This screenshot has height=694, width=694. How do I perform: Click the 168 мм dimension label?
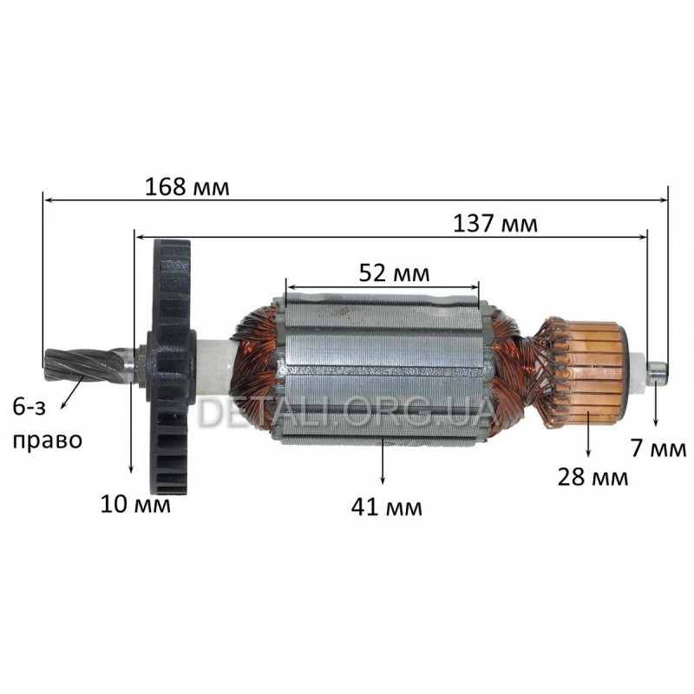click(x=187, y=187)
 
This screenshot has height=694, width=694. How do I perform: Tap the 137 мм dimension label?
click(x=495, y=225)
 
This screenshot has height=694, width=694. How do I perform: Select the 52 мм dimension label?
click(x=394, y=273)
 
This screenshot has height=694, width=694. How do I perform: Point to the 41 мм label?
click(x=386, y=507)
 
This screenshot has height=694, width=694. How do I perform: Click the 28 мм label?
click(x=593, y=478)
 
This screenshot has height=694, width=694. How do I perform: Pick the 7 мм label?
click(x=658, y=448)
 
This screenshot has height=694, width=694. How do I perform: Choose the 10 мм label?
click(x=135, y=504)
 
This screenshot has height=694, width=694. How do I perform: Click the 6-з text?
click(x=29, y=408)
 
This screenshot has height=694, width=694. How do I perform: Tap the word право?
click(x=48, y=441)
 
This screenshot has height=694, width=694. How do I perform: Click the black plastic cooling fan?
click(x=171, y=367)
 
